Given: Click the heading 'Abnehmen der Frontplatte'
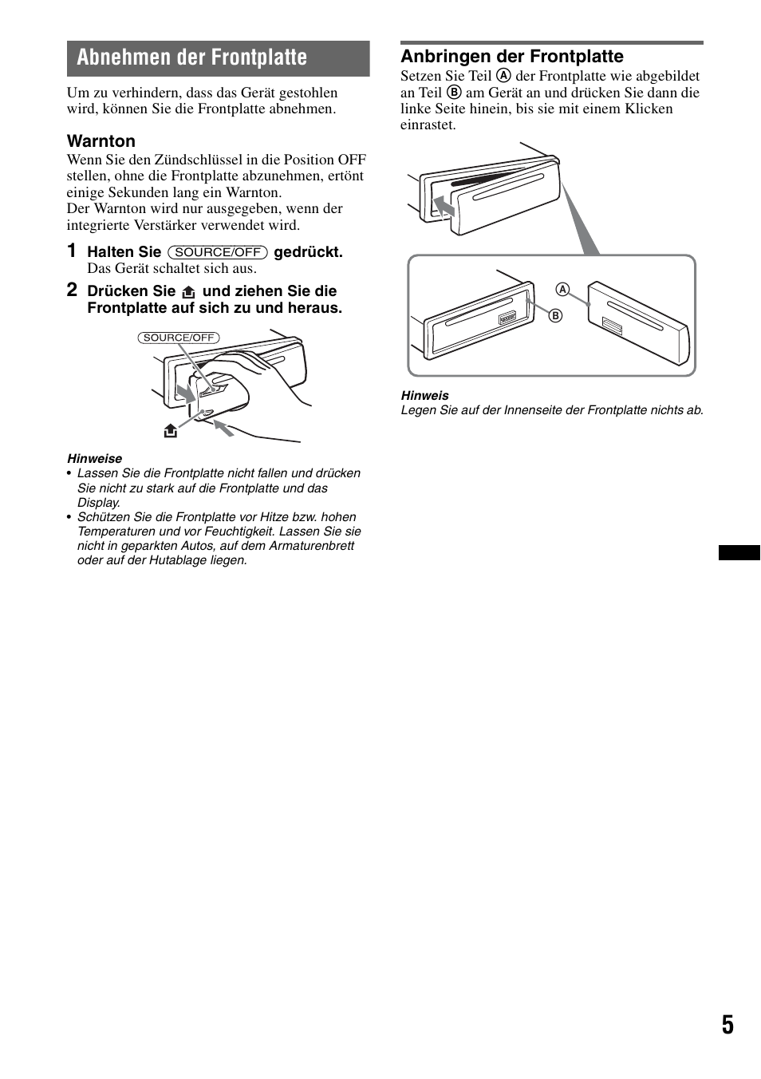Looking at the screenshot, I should coord(192,57).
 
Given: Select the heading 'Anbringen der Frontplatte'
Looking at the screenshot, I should coord(511,56).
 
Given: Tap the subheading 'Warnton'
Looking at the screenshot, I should coord(101,141).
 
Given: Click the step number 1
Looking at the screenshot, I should coord(72,251).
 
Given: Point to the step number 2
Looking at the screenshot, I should coord(72,290).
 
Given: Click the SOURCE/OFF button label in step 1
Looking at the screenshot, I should coord(217,252).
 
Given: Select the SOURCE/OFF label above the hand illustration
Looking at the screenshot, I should coord(179,338).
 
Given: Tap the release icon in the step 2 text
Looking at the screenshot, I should coord(188,292).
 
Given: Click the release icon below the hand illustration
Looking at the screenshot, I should coord(170,431).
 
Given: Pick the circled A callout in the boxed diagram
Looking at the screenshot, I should coord(562,290).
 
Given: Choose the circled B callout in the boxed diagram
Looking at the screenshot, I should coord(555,315).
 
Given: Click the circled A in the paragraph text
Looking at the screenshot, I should coord(503,76).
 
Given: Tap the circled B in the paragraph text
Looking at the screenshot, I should coord(454,93).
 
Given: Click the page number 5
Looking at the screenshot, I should coord(727,1025).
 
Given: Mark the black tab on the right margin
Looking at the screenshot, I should coord(739,552).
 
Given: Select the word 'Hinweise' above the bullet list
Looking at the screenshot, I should coord(94,458).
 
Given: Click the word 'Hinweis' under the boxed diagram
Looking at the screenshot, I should coord(424,395).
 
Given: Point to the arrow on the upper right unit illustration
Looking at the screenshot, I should coord(443,207).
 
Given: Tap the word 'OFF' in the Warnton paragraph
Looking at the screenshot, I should coord(351,159).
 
